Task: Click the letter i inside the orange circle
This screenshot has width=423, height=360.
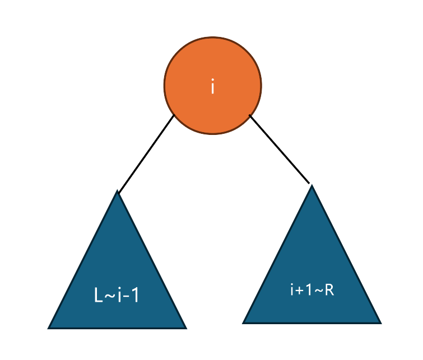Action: pos(212,87)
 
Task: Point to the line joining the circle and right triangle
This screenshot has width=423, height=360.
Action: pos(279,149)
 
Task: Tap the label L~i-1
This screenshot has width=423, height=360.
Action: pos(117,295)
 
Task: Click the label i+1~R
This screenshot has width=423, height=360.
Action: pos(312,290)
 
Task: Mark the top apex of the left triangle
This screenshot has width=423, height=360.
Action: pos(117,193)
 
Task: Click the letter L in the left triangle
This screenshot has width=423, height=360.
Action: pos(99,296)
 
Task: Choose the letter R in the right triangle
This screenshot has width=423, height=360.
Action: pos(329,290)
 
